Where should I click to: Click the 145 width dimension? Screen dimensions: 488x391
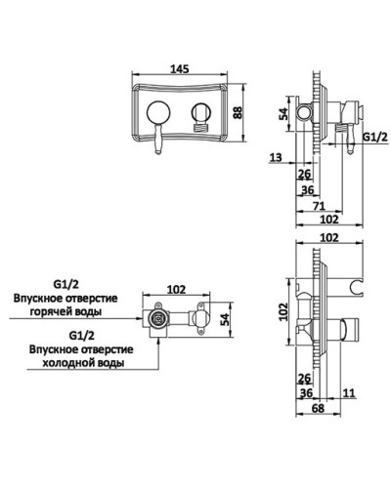178,69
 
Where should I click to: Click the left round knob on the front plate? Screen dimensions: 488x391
158,111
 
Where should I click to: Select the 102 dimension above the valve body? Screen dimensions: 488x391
178,288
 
